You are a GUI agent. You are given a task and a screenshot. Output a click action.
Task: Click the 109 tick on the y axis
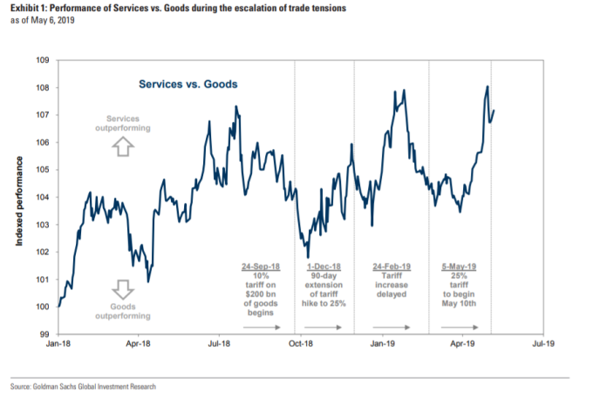pyautogui.click(x=44, y=60)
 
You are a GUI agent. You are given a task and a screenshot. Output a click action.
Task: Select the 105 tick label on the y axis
pyautogui.click(x=44, y=170)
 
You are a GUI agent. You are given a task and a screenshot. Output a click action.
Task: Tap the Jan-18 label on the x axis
pyautogui.click(x=58, y=345)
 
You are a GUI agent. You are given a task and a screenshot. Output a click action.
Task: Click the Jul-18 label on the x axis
pyautogui.click(x=220, y=345)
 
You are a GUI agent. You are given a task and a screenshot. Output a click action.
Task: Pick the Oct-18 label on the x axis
pyautogui.click(x=301, y=345)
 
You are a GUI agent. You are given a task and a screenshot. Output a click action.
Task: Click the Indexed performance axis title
pyautogui.click(x=18, y=197)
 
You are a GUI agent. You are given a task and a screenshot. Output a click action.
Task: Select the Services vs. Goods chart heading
pyautogui.click(x=188, y=84)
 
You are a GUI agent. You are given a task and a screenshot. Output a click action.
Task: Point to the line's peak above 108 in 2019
pyautogui.click(x=487, y=86)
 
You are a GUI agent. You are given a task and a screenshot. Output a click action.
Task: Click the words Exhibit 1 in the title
pyautogui.click(x=31, y=7)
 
